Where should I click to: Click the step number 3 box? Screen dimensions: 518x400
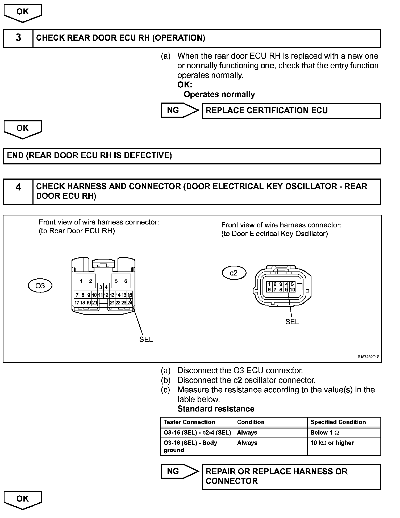18,38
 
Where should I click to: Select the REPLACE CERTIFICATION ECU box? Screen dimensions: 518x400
291,111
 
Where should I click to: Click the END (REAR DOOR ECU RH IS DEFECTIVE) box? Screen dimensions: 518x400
192,156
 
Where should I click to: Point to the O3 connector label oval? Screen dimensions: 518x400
40,286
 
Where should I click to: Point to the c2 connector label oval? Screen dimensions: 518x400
234,273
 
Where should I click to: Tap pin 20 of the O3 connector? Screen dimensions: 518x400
94,303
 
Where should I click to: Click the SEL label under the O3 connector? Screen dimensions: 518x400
146,339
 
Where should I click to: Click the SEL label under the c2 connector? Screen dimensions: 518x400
292,322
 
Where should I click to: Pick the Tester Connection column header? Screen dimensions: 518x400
189,422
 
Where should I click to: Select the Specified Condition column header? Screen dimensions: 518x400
338,422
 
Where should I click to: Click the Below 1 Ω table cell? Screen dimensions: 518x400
324,433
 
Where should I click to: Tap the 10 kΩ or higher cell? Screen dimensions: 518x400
332,443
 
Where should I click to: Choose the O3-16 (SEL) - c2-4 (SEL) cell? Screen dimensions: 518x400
197,433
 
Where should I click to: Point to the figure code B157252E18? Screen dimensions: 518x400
368,357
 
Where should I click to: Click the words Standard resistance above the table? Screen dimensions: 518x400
216,409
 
